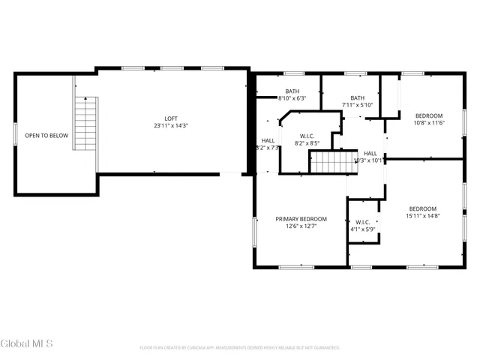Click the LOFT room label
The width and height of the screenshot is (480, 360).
click(x=171, y=118)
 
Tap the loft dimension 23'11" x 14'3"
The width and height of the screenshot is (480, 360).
click(x=171, y=126)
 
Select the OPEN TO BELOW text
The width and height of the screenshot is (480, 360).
click(x=46, y=136)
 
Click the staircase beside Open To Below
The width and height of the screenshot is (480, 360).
click(x=86, y=123)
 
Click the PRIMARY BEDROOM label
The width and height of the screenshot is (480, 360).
click(x=301, y=219)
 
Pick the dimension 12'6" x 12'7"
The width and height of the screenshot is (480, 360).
click(x=301, y=226)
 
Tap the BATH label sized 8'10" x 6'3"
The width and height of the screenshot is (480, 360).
click(x=292, y=91)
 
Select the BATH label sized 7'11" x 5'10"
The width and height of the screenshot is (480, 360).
click(x=358, y=97)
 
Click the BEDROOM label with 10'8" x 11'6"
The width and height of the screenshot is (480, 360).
click(x=430, y=115)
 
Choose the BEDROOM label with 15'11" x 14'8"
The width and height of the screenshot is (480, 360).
click(x=423, y=208)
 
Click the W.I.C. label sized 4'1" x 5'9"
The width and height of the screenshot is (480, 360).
click(x=363, y=222)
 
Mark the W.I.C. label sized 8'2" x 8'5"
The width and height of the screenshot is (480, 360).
click(x=307, y=135)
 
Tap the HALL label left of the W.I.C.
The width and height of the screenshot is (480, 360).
click(x=268, y=140)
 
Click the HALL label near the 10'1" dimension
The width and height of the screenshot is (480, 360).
click(x=370, y=153)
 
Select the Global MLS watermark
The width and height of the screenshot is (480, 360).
click(x=26, y=343)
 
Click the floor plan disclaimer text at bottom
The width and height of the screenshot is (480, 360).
click(x=240, y=348)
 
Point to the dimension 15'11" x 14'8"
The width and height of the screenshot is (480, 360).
click(x=423, y=216)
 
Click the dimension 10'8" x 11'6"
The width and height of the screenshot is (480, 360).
click(x=430, y=123)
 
